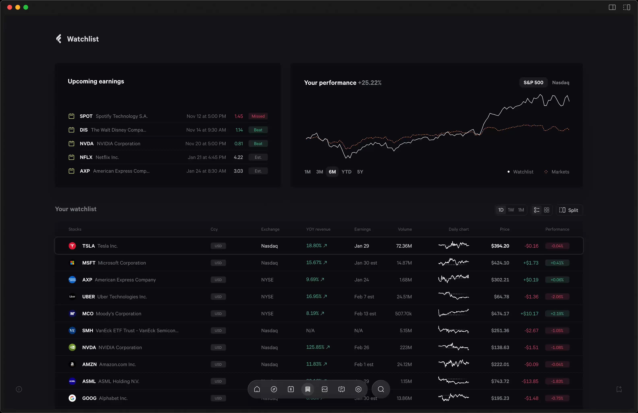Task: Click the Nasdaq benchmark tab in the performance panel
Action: pos(561,83)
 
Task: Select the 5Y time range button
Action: pos(360,172)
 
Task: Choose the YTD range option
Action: pos(346,172)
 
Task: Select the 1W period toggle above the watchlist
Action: pos(511,210)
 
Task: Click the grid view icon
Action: pos(547,210)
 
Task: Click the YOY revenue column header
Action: pos(318,229)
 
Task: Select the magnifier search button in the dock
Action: pos(381,389)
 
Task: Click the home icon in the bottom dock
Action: pos(257,389)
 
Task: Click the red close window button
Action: pos(10,7)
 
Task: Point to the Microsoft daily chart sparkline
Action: pos(453,262)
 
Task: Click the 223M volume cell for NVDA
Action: pos(406,348)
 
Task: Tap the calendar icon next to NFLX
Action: pos(71,157)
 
